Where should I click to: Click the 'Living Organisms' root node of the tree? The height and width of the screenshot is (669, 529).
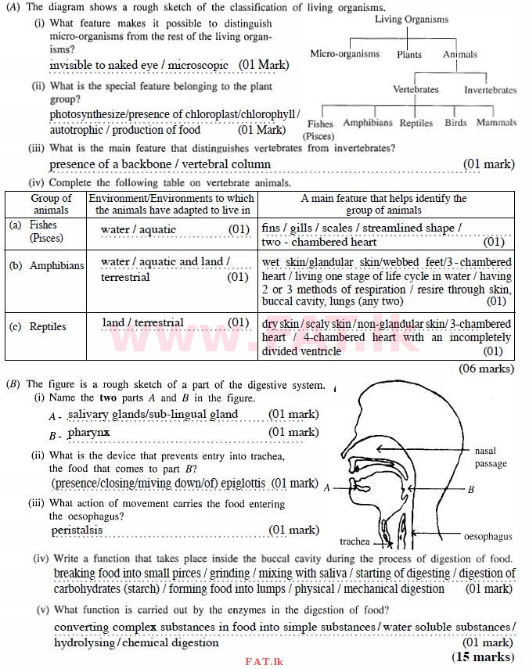[x=412, y=20]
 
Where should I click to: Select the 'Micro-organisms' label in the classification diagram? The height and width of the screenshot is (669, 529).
[x=344, y=54]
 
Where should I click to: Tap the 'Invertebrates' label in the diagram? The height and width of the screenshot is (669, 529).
[x=490, y=90]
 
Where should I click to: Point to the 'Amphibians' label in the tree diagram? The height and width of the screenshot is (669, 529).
[x=368, y=123]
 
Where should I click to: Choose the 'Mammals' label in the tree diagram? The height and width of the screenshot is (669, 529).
[x=496, y=123]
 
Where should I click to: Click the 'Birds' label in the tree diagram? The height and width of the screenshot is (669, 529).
[x=455, y=123]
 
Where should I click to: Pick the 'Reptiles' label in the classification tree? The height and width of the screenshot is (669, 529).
[x=416, y=124]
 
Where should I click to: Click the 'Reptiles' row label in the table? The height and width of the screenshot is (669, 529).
[x=48, y=326]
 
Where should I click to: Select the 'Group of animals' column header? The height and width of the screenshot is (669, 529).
[x=51, y=203]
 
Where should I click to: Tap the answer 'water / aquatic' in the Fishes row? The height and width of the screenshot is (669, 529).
[x=139, y=229]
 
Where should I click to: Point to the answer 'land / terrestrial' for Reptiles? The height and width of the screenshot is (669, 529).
[x=143, y=322]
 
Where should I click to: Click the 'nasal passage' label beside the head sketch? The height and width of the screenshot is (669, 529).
[x=491, y=458]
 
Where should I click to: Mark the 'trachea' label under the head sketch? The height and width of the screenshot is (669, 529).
[x=354, y=541]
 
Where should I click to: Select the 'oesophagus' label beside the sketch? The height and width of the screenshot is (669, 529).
[x=488, y=537]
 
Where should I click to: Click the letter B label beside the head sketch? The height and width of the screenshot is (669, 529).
[x=471, y=489]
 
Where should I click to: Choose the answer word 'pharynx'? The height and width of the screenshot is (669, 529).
[x=88, y=432]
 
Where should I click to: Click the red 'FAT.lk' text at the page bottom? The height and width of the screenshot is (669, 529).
[x=263, y=662]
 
